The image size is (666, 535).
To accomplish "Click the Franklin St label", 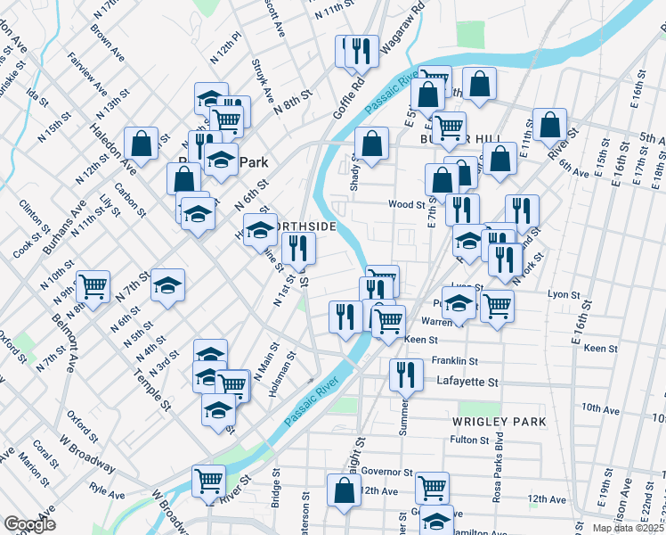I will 455,361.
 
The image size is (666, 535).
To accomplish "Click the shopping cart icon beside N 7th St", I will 93,285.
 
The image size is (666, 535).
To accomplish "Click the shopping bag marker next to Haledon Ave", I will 142,142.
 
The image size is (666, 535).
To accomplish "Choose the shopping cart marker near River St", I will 208,481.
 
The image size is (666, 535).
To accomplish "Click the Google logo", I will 29,524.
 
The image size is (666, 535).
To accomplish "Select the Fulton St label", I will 470,440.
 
